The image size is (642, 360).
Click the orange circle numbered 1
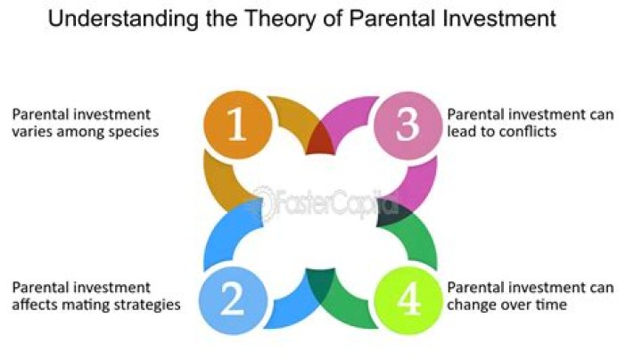pyautogui.click(x=236, y=127)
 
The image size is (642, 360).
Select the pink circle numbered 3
pyautogui.click(x=406, y=127)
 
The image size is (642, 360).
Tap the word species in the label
pyautogui.click(x=130, y=132)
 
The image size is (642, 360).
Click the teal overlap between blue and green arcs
pyautogui.click(x=318, y=283)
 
